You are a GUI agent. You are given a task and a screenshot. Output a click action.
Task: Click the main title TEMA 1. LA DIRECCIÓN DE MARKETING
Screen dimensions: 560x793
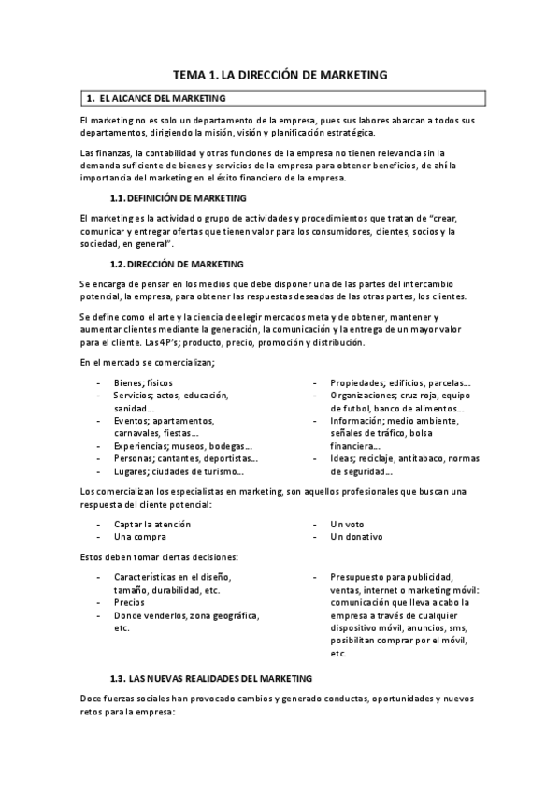click(x=280, y=74)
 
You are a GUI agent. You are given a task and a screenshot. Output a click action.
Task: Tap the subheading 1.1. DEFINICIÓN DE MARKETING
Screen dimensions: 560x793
click(x=179, y=198)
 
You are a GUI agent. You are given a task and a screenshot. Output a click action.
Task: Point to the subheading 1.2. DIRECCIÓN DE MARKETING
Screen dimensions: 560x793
click(x=177, y=264)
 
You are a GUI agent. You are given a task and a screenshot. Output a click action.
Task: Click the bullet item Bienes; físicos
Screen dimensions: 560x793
click(x=143, y=382)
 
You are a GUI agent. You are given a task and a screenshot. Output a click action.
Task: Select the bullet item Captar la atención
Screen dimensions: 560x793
click(x=152, y=524)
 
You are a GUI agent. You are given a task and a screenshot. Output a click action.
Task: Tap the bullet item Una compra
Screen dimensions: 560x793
click(x=140, y=537)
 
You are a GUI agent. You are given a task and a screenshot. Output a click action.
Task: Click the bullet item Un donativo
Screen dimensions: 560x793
click(x=356, y=537)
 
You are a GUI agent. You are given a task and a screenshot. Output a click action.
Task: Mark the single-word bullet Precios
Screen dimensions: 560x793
click(x=131, y=603)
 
